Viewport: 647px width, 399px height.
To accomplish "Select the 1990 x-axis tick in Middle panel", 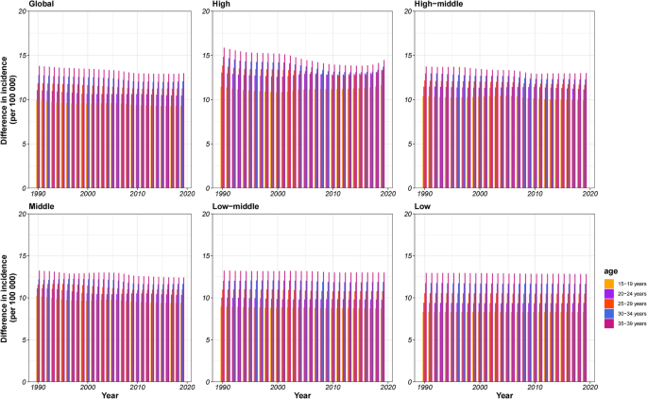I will [x=37, y=389].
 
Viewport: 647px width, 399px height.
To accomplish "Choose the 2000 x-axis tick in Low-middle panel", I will [x=277, y=389].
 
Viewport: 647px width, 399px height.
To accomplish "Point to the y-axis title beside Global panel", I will [x=8, y=99].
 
